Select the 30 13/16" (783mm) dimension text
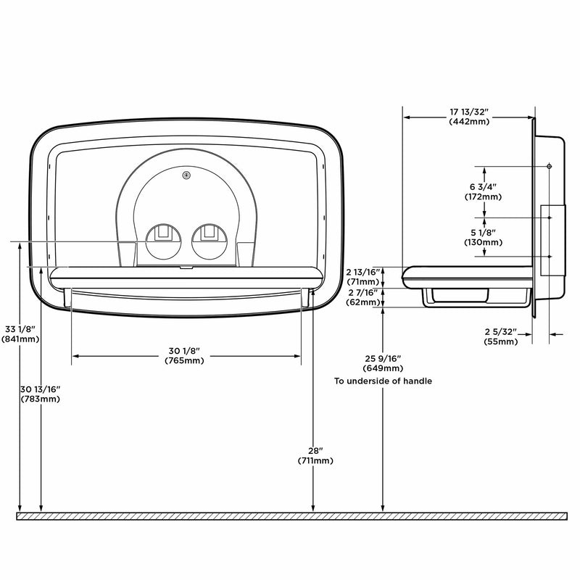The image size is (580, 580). click(x=41, y=394)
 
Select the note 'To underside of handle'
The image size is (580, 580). click(x=383, y=381)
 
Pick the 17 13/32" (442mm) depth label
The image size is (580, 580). click(x=469, y=116)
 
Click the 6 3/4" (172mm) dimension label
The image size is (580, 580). click(x=483, y=191)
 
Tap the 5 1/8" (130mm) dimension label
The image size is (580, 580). click(x=483, y=237)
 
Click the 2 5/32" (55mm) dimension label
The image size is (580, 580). click(x=500, y=336)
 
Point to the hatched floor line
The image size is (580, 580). click(x=290, y=515)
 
